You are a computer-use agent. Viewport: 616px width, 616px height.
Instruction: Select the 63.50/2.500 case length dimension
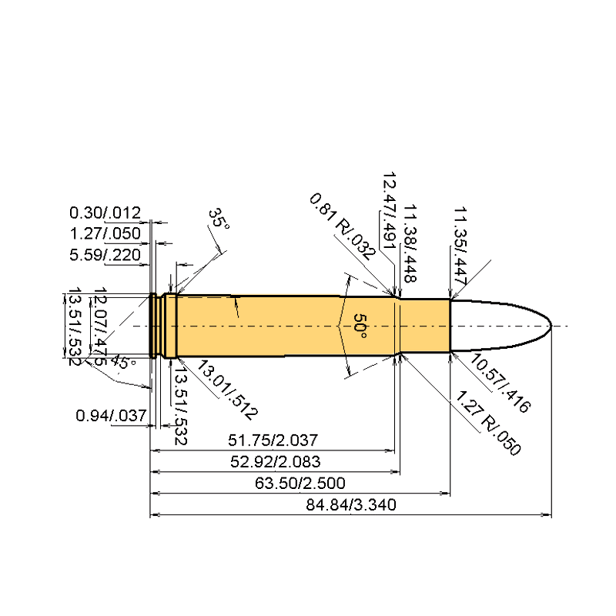point(300,483)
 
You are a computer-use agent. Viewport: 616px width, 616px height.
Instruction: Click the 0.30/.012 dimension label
point(105,212)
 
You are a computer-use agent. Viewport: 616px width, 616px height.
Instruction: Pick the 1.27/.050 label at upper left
point(105,233)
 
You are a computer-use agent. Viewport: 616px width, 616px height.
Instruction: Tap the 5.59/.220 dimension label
point(105,254)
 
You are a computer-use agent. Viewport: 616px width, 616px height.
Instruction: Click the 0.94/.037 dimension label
point(111,416)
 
